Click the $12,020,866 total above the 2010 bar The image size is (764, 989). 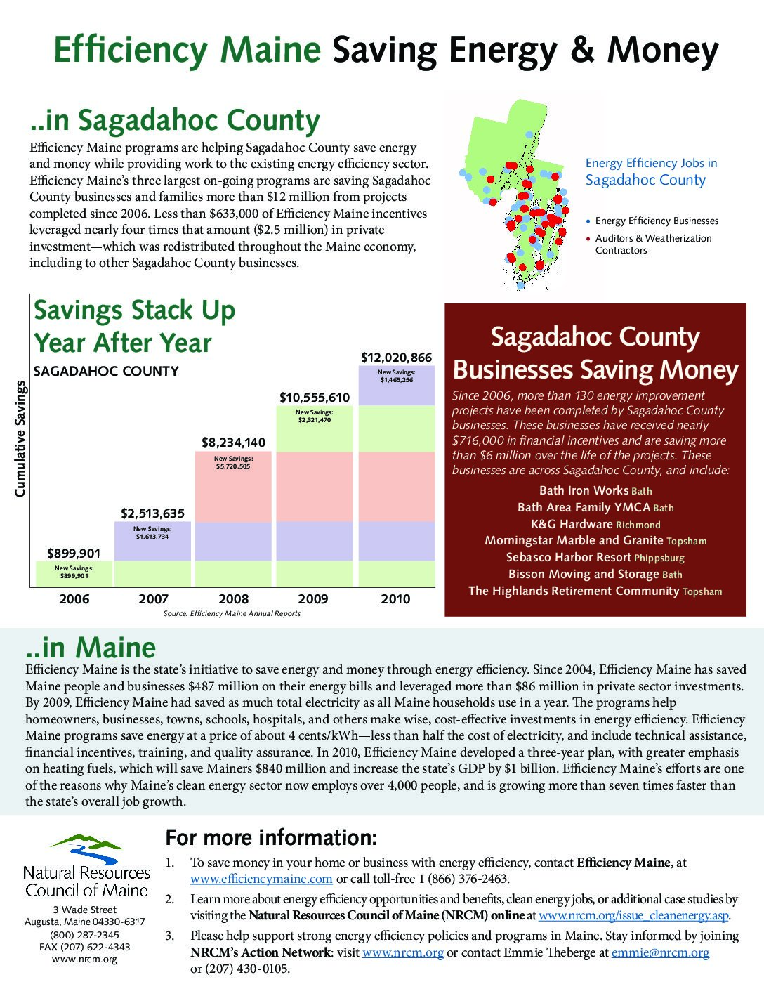pyautogui.click(x=396, y=358)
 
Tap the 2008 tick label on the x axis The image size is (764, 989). pyautogui.click(x=233, y=599)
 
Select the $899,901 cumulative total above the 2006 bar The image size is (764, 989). pyautogui.click(x=74, y=554)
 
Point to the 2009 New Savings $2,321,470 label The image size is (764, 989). pyautogui.click(x=314, y=416)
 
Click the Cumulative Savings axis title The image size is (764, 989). pyautogui.click(x=20, y=439)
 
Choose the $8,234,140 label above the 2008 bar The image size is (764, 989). pyautogui.click(x=233, y=443)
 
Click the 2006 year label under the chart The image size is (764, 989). pyautogui.click(x=74, y=599)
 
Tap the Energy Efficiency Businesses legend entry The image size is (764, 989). pyautogui.click(x=656, y=221)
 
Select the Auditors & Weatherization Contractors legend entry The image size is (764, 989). pyautogui.click(x=652, y=244)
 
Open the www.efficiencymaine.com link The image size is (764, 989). pyautogui.click(x=261, y=879)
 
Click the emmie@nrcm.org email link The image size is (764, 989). pyautogui.click(x=660, y=952)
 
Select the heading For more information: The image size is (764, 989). pyautogui.click(x=271, y=838)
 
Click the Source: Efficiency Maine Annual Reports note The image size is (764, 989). pyautogui.click(x=232, y=613)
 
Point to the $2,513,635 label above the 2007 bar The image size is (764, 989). pyautogui.click(x=153, y=513)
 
